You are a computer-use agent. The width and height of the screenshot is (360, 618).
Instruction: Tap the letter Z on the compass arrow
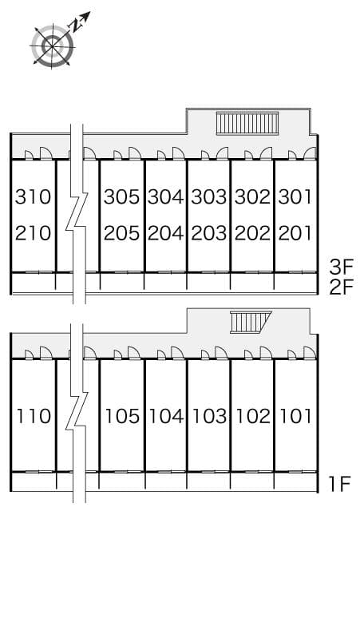(74, 26)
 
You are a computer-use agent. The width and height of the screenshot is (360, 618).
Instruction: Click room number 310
(33, 196)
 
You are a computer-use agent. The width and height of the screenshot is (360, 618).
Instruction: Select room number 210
(33, 233)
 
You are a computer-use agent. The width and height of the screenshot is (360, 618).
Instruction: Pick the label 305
(121, 196)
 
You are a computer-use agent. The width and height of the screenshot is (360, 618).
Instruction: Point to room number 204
(165, 233)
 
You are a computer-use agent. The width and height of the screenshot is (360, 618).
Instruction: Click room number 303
(209, 196)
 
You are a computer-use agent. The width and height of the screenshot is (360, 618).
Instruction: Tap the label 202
(252, 233)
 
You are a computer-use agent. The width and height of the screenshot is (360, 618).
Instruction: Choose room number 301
(295, 196)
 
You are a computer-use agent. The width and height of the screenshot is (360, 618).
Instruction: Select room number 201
(295, 233)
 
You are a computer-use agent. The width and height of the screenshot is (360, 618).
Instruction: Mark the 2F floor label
(341, 287)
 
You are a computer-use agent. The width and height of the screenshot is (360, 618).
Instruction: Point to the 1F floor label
(339, 483)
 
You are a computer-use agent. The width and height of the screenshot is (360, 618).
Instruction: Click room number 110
(33, 416)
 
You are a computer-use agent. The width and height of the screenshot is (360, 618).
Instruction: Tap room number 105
(122, 416)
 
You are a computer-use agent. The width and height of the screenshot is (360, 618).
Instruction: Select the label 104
(165, 416)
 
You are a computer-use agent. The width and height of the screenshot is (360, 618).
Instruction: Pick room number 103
(209, 416)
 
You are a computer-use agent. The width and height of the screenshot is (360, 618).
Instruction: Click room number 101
(295, 416)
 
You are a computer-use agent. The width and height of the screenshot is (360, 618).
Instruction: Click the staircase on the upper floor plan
(247, 123)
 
